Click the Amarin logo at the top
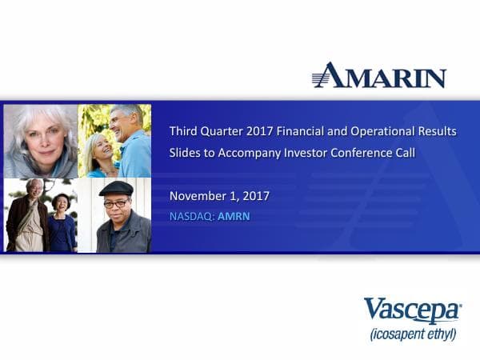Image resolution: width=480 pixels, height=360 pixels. pos(378,75)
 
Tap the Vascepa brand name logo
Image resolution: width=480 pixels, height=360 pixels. pos(411,309)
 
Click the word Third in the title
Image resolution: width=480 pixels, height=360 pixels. pos(184,131)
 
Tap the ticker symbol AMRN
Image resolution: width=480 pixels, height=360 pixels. pos(234,215)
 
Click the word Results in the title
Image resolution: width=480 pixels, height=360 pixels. pos(438,131)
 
